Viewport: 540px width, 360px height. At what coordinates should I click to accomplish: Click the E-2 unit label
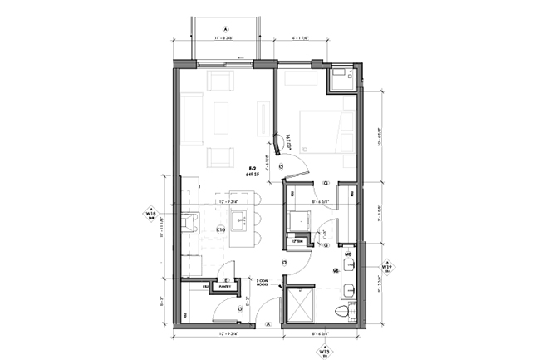pyautogui.click(x=251, y=169)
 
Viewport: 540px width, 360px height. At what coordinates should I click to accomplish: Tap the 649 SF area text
pyautogui.click(x=251, y=175)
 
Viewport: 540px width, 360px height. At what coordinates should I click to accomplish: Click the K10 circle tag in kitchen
pyautogui.click(x=222, y=229)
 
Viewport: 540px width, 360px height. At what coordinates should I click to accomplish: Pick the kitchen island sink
pyautogui.click(x=240, y=222)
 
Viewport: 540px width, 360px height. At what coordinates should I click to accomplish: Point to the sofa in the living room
pyautogui.click(x=192, y=118)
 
